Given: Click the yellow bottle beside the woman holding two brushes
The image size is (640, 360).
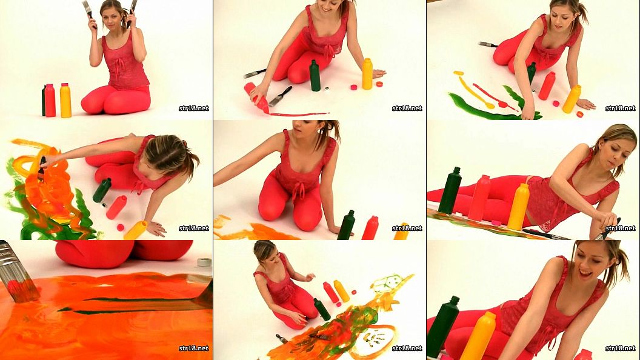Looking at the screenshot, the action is [65, 101].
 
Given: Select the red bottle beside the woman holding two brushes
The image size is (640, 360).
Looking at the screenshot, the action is [50, 101].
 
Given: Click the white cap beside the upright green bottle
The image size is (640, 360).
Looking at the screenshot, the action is [327, 88].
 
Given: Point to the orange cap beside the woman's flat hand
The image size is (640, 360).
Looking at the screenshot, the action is [379, 84].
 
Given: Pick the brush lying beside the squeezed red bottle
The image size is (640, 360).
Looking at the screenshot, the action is [280, 96].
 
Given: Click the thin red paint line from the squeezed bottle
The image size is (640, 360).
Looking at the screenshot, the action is [299, 114].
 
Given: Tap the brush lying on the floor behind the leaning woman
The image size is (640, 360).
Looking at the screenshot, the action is [488, 44].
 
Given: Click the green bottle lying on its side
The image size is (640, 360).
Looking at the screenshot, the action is [102, 190].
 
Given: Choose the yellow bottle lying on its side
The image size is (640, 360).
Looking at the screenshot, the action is [136, 230].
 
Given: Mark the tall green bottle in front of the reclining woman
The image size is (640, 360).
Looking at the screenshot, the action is [450, 191].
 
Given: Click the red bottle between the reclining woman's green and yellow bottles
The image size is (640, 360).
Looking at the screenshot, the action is [479, 198].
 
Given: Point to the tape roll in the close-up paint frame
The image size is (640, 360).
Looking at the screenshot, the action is [204, 262].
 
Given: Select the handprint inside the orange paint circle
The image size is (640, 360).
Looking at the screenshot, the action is [375, 338].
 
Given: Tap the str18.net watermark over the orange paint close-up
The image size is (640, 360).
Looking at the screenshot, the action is [194, 348].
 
